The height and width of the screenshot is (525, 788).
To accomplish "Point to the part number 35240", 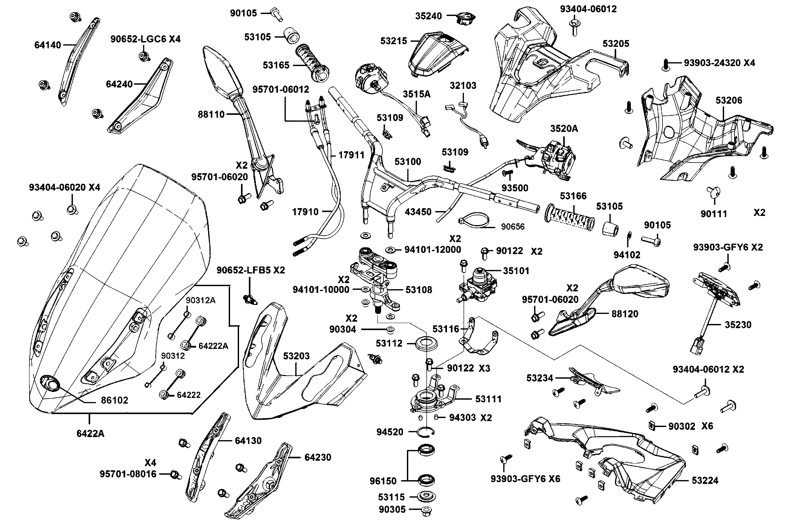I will pyautogui.click(x=429, y=16).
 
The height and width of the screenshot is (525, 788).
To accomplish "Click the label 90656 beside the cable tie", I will pyautogui.click(x=513, y=227).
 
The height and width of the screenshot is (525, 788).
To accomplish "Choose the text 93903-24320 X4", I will pyautogui.click(x=719, y=63).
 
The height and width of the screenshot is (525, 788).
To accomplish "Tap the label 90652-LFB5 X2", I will pyautogui.click(x=251, y=270).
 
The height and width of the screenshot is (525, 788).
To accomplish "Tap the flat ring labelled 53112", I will pyautogui.click(x=426, y=343).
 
